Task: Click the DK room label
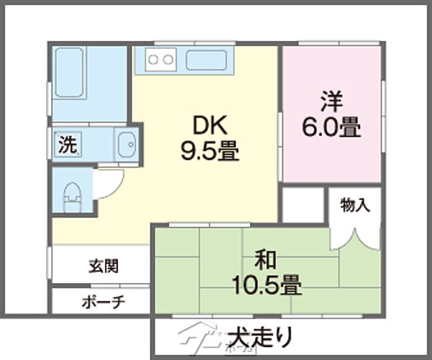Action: (x=210, y=127)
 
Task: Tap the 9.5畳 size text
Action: (x=210, y=151)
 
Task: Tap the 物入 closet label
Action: (x=355, y=205)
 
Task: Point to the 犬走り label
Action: (x=261, y=337)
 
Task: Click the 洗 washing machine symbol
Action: (x=67, y=145)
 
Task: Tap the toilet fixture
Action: (x=72, y=196)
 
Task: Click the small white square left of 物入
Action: (x=302, y=204)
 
